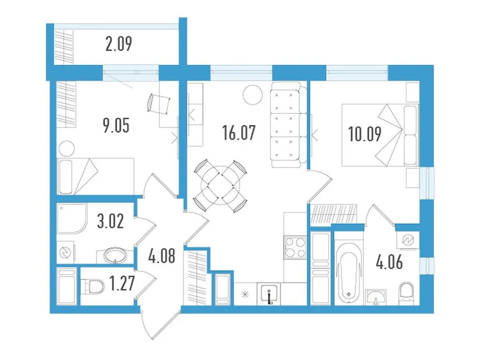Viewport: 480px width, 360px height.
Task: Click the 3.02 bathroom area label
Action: coord(110,222)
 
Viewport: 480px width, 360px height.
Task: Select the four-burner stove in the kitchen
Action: coord(294,248)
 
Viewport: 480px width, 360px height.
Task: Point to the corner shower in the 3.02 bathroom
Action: coord(71,220)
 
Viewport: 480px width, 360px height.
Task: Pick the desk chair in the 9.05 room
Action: coord(159,101)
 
